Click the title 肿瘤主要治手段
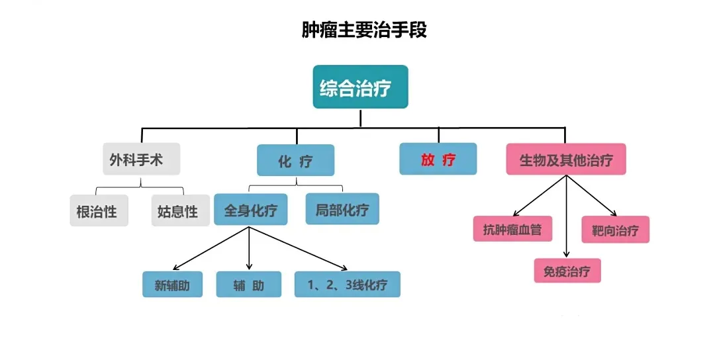[x=363, y=30]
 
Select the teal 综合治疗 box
[x=360, y=87]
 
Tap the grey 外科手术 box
[x=141, y=159]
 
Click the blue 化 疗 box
[x=295, y=160]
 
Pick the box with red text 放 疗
[x=438, y=159]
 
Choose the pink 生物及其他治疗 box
[x=566, y=159]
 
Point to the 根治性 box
[x=99, y=210]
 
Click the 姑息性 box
[x=179, y=210]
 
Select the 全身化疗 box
[x=250, y=209]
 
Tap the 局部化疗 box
[x=342, y=209]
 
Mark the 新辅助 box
[x=172, y=285]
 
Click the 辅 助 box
[x=248, y=285]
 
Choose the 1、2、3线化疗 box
[x=347, y=285]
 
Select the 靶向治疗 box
[x=615, y=230]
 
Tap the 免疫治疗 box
[x=567, y=270]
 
